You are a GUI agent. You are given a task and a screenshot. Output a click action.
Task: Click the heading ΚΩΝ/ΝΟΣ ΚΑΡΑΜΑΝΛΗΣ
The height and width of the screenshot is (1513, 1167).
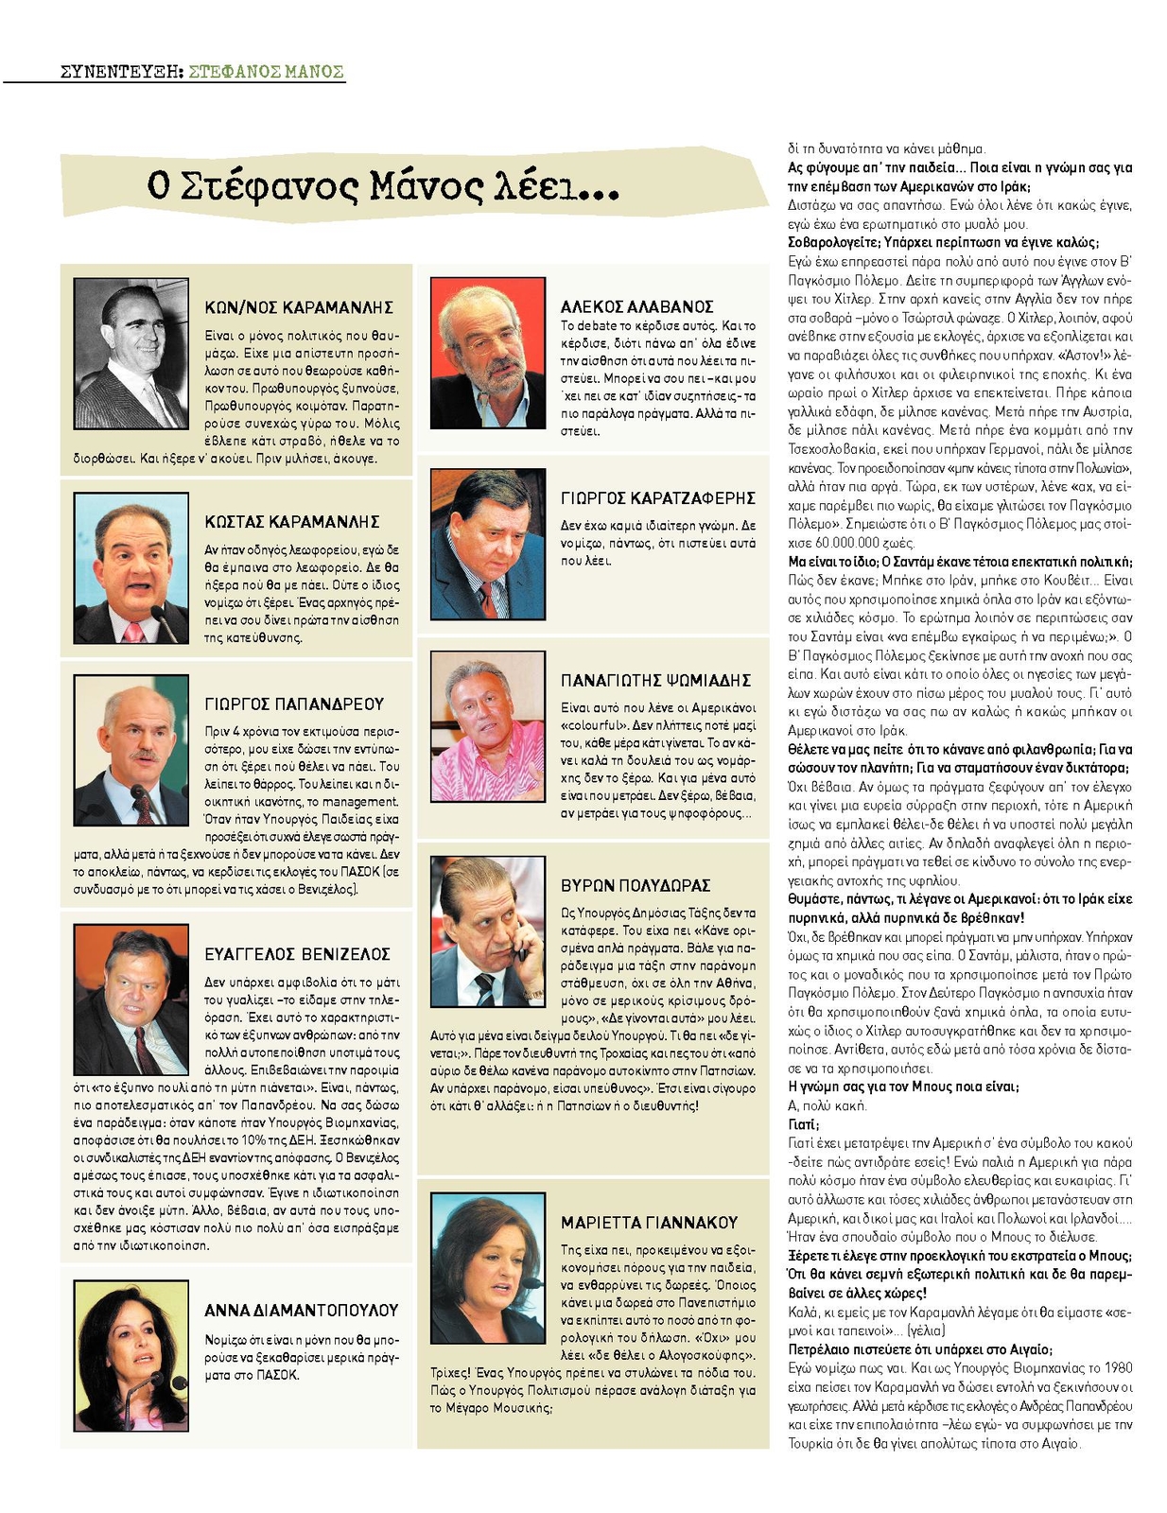pyautogui.click(x=299, y=307)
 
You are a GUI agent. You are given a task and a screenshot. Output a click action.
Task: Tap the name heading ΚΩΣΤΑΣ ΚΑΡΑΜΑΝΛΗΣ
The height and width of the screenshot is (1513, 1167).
pyautogui.click(x=292, y=522)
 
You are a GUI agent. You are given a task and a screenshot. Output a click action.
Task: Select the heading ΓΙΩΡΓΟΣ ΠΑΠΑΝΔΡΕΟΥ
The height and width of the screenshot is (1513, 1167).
pyautogui.click(x=294, y=704)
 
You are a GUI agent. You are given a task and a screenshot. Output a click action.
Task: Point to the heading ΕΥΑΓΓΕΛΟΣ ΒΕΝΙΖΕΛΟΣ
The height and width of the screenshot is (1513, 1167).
pyautogui.click(x=297, y=954)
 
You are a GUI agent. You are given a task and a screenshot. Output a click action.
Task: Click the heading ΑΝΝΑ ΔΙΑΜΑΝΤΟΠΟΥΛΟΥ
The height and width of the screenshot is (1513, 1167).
pyautogui.click(x=301, y=1311)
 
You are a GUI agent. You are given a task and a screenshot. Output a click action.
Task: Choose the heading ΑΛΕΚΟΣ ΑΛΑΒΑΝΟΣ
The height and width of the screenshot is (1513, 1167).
pyautogui.click(x=636, y=306)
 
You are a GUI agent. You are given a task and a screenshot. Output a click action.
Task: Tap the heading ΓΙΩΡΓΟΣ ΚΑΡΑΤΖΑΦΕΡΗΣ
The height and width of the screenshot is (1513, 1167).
pyautogui.click(x=657, y=498)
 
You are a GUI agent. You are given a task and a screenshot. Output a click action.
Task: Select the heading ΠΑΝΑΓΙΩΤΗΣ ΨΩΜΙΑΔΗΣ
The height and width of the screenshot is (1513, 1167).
pyautogui.click(x=655, y=681)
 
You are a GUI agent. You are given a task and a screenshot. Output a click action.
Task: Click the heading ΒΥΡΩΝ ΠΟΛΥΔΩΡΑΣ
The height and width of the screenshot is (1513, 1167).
pyautogui.click(x=635, y=886)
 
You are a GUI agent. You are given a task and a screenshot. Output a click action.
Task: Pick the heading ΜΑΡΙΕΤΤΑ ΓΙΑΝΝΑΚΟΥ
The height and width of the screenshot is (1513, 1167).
pyautogui.click(x=649, y=1223)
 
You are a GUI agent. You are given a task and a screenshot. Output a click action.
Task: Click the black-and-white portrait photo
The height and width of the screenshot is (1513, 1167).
pyautogui.click(x=131, y=353)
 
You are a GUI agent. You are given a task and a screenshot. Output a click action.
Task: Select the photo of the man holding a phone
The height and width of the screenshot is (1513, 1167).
pyautogui.click(x=487, y=931)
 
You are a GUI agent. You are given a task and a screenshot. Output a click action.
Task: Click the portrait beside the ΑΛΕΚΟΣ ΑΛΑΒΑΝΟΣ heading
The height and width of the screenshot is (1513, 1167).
pyautogui.click(x=487, y=353)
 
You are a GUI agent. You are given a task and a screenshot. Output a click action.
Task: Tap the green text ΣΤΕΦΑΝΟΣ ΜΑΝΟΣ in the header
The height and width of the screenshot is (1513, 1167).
pyautogui.click(x=267, y=72)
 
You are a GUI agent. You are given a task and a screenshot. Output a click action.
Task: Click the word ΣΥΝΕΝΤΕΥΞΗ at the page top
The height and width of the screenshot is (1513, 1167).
pyautogui.click(x=120, y=72)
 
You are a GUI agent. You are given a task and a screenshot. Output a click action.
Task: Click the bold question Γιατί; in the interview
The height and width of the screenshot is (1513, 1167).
pyautogui.click(x=803, y=1124)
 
